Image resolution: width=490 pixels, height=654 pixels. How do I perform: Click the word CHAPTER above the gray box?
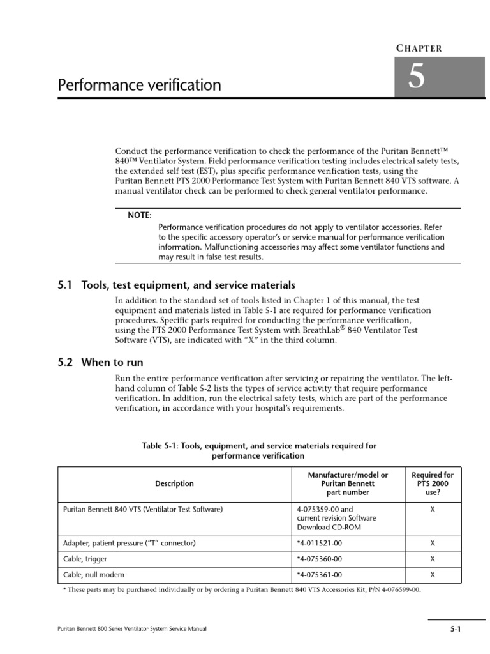point(419,48)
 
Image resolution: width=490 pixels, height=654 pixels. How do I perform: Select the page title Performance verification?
point(140,85)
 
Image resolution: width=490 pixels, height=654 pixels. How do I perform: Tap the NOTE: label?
point(140,215)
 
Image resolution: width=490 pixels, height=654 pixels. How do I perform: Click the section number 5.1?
point(66,285)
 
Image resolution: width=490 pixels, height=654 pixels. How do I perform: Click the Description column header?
point(174,483)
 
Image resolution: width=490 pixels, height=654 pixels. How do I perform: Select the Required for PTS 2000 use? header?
point(432,483)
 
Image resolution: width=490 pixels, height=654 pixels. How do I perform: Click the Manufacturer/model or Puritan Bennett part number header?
point(348,483)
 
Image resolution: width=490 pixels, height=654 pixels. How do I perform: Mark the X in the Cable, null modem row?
point(433,574)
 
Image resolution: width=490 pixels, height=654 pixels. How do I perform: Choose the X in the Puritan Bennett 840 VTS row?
point(433,509)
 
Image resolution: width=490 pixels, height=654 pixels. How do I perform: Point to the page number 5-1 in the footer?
point(455,629)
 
